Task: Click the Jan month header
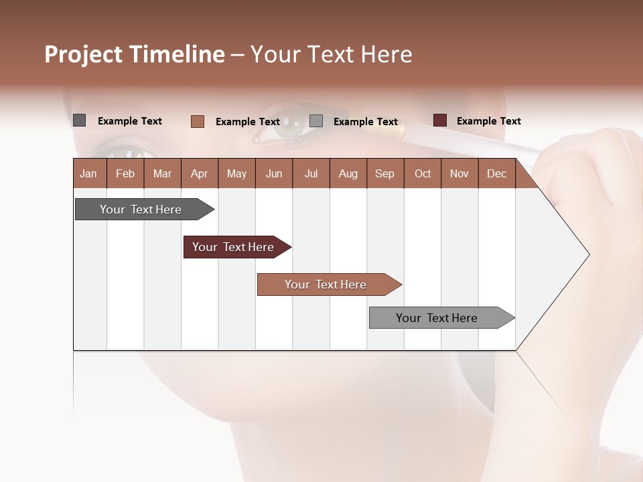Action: click(88, 173)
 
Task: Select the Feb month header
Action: click(125, 173)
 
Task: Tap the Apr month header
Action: click(199, 173)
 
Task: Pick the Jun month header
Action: click(274, 173)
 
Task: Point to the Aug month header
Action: click(348, 173)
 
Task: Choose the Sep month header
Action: click(384, 173)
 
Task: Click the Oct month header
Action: click(423, 173)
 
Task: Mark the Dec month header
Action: click(496, 173)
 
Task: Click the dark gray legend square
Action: click(79, 120)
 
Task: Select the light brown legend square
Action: click(198, 121)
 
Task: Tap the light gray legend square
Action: click(316, 120)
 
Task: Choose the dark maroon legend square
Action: click(440, 120)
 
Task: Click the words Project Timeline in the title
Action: click(135, 54)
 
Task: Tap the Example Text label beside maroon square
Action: click(488, 121)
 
